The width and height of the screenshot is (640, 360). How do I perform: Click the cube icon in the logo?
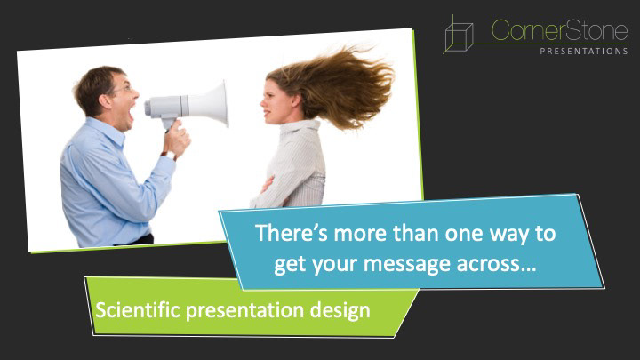(459, 35)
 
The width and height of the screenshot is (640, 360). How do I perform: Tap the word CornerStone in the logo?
(559, 31)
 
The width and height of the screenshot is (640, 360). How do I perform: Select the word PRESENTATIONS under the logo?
(584, 52)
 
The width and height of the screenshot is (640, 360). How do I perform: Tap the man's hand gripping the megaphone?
(176, 139)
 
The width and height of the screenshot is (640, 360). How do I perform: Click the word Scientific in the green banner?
(138, 310)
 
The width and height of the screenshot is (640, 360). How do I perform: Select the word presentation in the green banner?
(245, 311)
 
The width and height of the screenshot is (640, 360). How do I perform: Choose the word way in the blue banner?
(509, 235)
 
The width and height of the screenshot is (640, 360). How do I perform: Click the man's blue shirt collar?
(106, 131)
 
